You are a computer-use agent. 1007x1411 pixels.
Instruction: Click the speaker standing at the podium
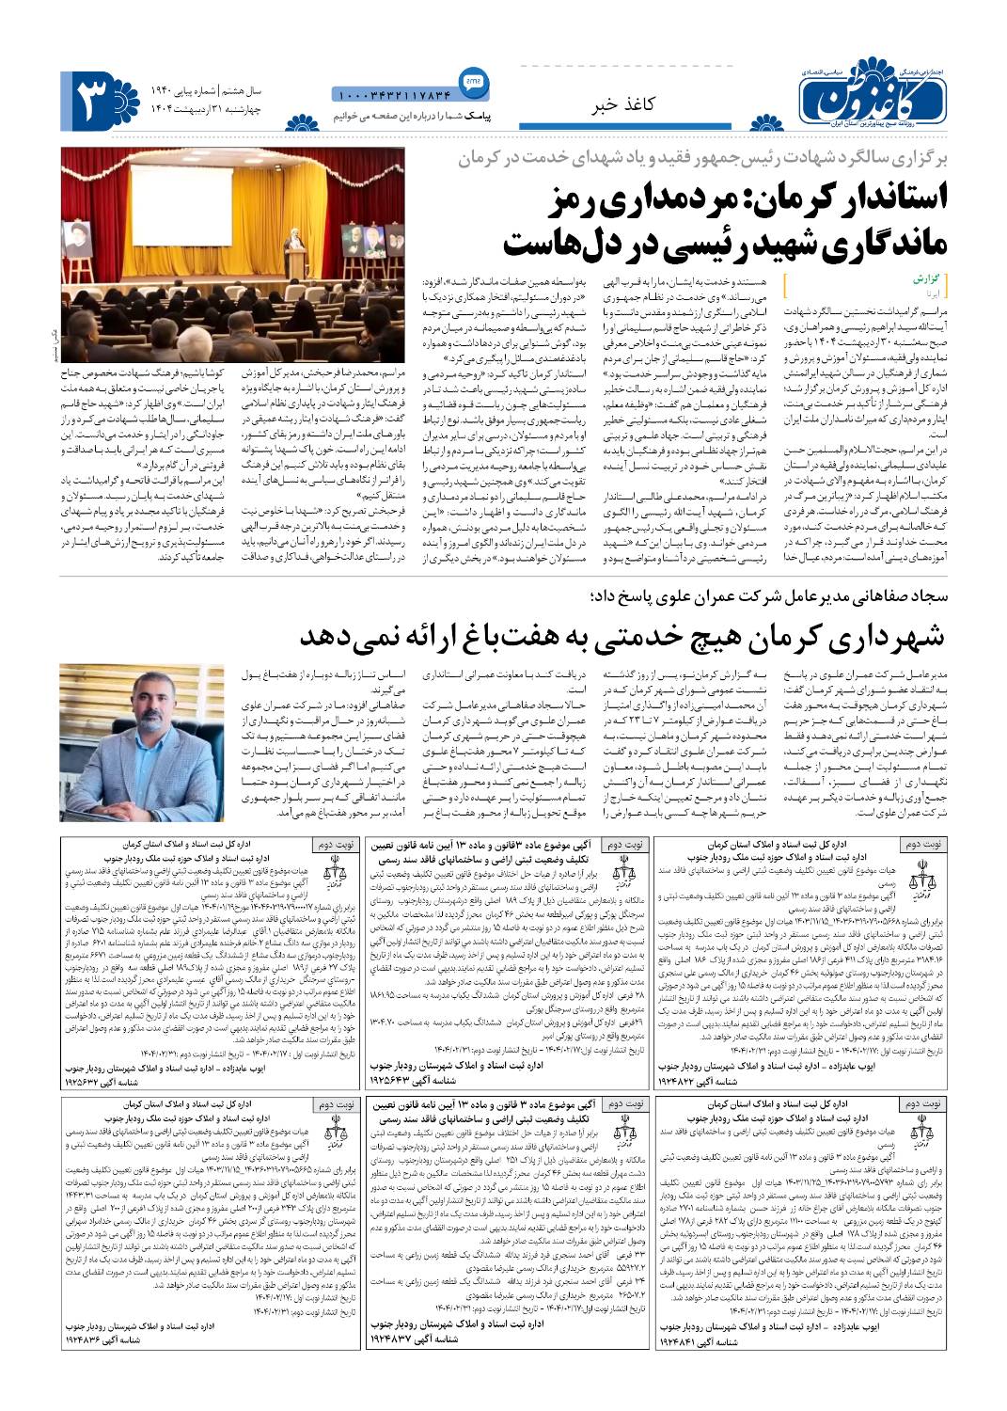[294, 240]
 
